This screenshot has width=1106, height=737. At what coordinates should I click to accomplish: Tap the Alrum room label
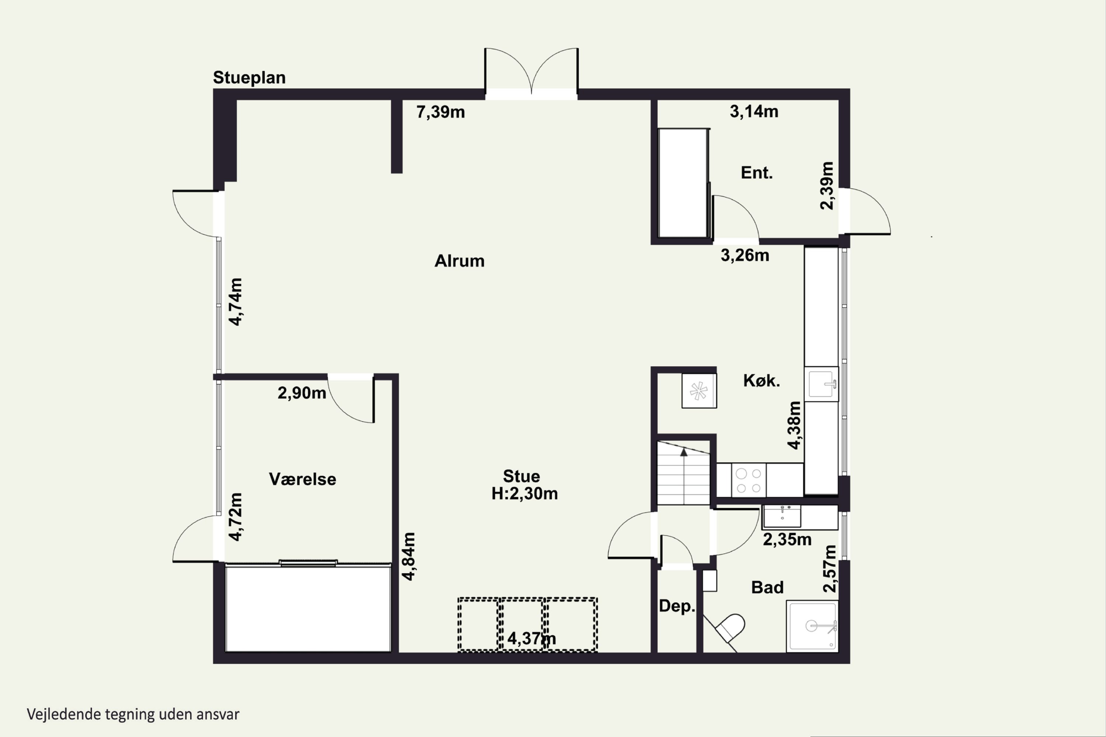[459, 261]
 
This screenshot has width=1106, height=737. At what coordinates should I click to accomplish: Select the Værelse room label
[302, 479]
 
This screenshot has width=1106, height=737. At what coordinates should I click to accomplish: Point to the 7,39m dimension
[441, 112]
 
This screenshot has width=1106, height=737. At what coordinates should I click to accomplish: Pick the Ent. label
[757, 173]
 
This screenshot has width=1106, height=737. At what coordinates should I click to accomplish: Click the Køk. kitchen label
[761, 380]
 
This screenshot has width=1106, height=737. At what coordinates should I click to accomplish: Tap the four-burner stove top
[749, 481]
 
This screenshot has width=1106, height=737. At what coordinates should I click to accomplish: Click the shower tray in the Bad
[812, 626]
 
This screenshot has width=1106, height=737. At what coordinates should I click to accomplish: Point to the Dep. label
[677, 606]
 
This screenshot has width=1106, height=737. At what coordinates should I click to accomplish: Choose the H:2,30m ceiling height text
[525, 493]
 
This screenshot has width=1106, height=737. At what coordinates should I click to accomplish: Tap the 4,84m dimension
[408, 556]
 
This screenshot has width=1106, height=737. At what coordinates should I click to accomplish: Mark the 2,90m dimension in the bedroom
[302, 393]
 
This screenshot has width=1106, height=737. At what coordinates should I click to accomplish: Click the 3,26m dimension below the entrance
[745, 255]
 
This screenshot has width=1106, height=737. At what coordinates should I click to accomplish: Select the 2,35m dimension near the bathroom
[787, 539]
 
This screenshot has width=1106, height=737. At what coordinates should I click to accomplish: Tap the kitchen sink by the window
[821, 384]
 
